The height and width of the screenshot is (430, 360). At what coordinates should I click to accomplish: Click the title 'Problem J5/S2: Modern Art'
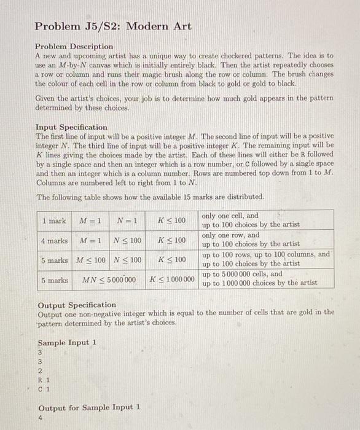point(113,26)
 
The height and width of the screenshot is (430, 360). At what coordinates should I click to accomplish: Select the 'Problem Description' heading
point(74,46)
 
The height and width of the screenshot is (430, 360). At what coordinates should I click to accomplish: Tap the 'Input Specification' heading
point(71,127)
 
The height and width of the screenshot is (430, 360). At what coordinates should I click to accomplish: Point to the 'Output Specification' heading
point(76,305)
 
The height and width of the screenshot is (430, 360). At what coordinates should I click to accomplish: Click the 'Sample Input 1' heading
point(67,343)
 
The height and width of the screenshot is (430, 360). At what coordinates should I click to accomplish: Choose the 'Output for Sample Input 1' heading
point(89,407)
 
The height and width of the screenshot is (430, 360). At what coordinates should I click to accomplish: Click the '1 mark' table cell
point(54,221)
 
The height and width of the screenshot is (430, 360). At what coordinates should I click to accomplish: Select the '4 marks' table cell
point(54,240)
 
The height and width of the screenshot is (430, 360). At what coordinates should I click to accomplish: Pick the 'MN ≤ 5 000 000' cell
point(109,280)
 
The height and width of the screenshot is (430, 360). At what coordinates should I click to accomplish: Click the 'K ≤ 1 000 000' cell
point(171,280)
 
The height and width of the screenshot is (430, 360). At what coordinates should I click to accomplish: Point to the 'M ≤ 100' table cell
point(90,260)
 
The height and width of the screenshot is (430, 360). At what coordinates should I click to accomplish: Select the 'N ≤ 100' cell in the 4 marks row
point(128,240)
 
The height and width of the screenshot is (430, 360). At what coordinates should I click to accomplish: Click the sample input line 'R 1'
point(44,380)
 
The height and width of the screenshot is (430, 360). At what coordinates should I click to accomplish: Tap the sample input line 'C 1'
point(44,388)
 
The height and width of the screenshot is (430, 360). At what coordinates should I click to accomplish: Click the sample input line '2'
point(40,371)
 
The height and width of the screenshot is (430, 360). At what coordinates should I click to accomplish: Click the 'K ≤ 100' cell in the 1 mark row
point(171,221)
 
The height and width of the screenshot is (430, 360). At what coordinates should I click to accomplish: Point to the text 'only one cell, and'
point(230,216)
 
